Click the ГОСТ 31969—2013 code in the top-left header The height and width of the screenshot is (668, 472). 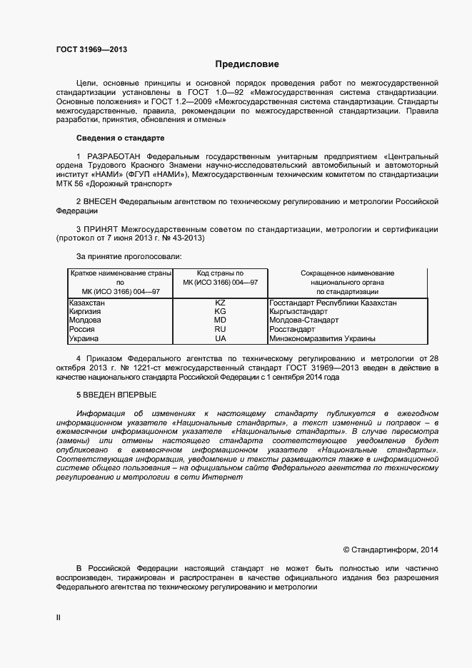[x=91, y=50]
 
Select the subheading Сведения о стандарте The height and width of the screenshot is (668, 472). [x=120, y=138]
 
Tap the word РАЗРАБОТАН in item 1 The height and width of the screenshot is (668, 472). [x=114, y=156]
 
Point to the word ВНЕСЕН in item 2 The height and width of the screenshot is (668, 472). [x=100, y=202]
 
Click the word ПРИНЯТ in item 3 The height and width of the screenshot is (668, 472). [x=100, y=229]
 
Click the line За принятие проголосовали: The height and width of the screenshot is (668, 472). [x=129, y=255]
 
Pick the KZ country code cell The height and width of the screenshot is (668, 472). [x=220, y=303]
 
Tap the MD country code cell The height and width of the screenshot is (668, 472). [x=220, y=321]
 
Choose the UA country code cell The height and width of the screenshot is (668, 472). [x=220, y=339]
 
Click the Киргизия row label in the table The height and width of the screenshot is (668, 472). [x=85, y=312]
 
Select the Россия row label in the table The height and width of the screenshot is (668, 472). [x=81, y=330]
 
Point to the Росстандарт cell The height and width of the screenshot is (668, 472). [x=292, y=330]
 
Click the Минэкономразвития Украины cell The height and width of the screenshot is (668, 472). [x=323, y=339]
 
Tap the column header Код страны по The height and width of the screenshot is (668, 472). [x=220, y=273]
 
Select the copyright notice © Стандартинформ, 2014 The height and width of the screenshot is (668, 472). [x=390, y=550]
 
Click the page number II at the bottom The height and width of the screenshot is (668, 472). [x=59, y=617]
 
